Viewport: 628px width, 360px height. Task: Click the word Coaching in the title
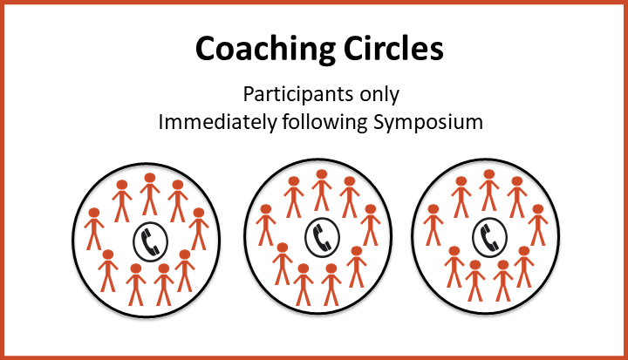[266, 49]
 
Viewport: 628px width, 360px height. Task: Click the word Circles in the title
[393, 48]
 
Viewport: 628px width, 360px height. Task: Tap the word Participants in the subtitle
[298, 95]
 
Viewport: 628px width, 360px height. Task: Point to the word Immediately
[217, 122]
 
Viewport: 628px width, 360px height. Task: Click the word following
[324, 123]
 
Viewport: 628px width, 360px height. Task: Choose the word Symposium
[428, 123]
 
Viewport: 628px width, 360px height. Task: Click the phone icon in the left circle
[151, 241]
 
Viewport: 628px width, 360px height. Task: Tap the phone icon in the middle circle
[323, 237]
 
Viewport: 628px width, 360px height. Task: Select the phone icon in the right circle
[490, 237]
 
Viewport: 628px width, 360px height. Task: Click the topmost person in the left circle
[150, 194]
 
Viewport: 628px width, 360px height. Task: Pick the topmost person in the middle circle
[322, 191]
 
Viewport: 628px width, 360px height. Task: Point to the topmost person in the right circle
[489, 191]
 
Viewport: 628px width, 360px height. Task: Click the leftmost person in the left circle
[94, 229]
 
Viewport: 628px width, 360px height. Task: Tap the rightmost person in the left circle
[199, 229]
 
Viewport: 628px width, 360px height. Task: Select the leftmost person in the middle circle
[266, 225]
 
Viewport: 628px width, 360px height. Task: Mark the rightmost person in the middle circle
[371, 225]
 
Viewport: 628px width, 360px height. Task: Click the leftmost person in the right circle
[433, 225]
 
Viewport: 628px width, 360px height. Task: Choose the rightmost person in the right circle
[538, 225]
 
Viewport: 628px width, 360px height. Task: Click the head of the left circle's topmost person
[150, 178]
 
